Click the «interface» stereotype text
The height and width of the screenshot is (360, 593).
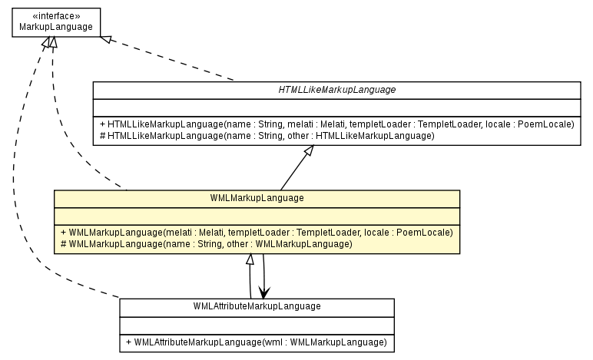[x=54, y=15]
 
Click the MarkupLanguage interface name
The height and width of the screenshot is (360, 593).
[x=54, y=27]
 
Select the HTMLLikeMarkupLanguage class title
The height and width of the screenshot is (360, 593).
[x=336, y=90]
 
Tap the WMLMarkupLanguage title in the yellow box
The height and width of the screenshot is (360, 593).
[x=257, y=198]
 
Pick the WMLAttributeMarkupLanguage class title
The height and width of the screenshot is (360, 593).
[x=257, y=306]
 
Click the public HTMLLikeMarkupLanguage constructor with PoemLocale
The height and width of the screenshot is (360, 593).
[x=337, y=124]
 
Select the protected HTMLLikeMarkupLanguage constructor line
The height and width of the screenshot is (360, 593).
[x=267, y=136]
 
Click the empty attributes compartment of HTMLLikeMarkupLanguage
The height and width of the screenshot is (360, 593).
[x=336, y=107]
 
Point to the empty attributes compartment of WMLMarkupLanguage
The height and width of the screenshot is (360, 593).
[x=257, y=215]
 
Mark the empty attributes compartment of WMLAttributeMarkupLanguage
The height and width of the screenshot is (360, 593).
[x=257, y=323]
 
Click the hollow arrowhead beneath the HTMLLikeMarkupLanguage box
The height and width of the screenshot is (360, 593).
[x=308, y=153]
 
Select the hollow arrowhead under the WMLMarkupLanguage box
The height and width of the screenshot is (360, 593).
[x=250, y=260]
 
